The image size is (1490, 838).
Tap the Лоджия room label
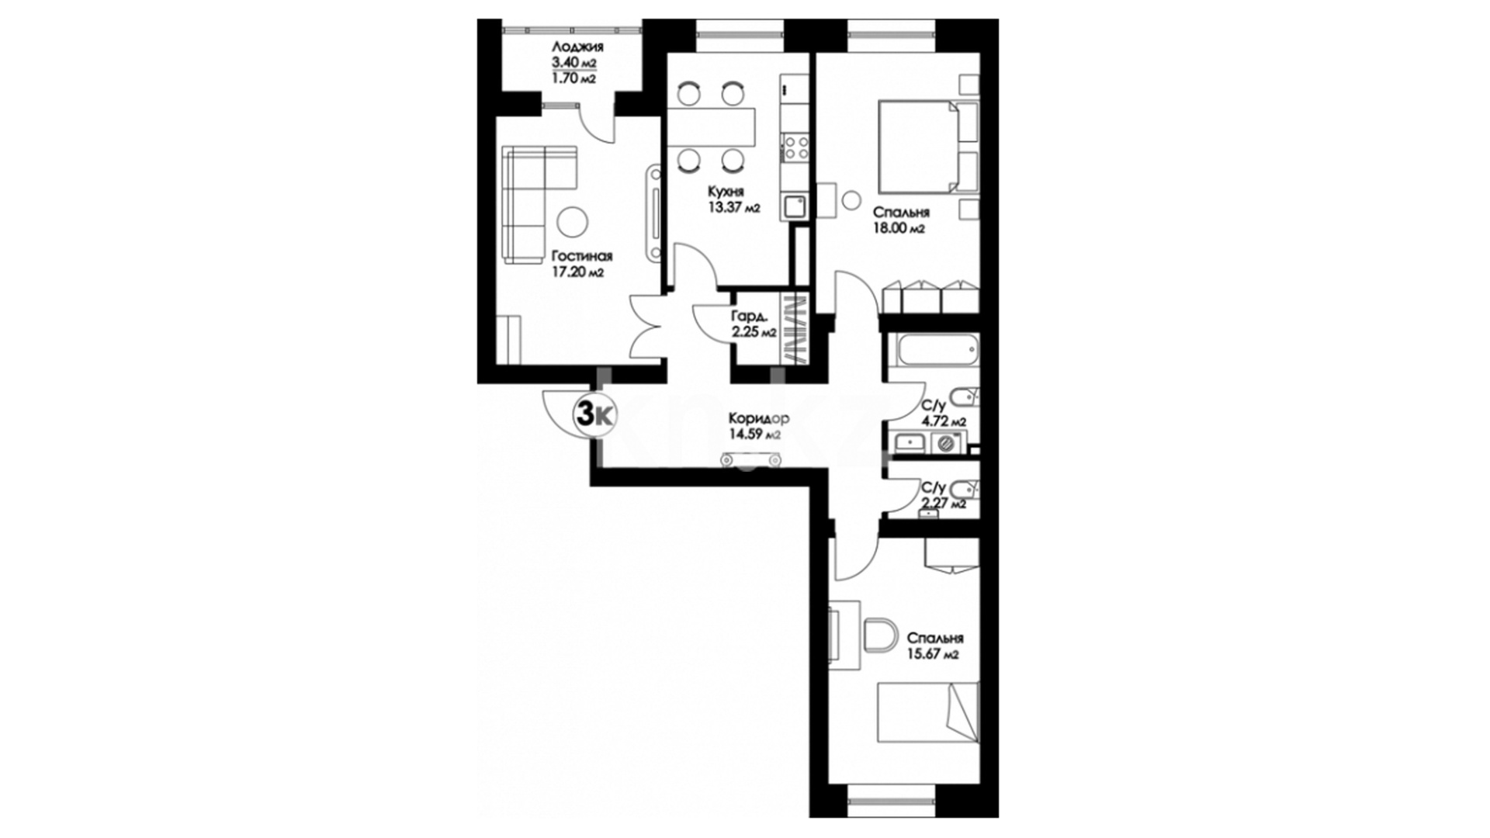(x=575, y=47)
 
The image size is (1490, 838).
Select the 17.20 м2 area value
(x=577, y=272)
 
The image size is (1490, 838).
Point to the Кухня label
(x=726, y=191)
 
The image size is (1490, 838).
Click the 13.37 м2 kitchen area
(x=733, y=207)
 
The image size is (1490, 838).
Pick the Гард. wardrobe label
(x=750, y=317)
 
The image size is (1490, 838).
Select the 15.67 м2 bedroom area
(x=934, y=654)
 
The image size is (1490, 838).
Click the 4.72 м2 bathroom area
(x=943, y=421)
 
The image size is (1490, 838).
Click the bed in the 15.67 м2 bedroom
(x=928, y=712)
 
